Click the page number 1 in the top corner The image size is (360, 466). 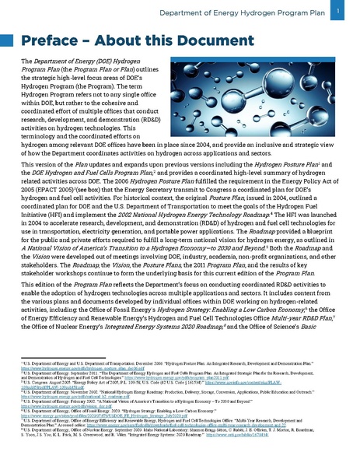pyautogui.click(x=342, y=10)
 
